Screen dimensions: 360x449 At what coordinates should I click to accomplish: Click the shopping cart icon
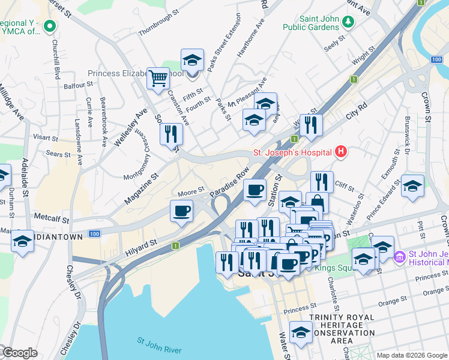click(x=158, y=77)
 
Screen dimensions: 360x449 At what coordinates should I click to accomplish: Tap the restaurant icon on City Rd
click(x=311, y=125)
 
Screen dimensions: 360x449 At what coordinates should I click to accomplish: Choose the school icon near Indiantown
click(x=22, y=241)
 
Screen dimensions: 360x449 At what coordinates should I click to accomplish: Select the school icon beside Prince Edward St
click(x=413, y=185)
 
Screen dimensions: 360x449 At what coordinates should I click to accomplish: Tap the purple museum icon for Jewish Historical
click(x=400, y=257)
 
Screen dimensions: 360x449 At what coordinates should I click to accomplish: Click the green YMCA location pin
click(x=50, y=26)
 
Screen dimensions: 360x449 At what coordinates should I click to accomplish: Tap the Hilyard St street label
click(x=142, y=248)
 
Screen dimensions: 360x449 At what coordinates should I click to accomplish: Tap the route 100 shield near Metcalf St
click(x=94, y=233)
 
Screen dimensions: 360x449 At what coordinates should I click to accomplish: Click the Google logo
click(x=19, y=353)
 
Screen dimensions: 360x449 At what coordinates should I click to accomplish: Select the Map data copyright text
click(x=412, y=355)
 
